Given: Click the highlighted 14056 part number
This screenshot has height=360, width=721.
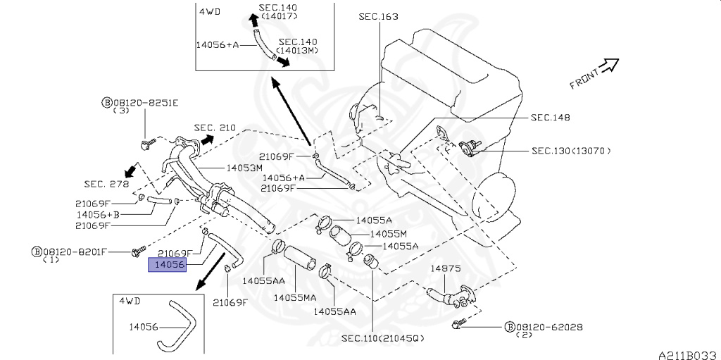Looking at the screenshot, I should tap(166, 265).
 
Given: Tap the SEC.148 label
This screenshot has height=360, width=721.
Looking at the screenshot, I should tap(550, 117).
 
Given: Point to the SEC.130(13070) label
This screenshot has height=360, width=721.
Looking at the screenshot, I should tap(571, 150).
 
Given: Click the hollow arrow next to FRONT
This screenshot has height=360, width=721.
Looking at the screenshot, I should tap(609, 66).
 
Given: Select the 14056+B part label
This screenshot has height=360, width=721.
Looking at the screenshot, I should tap(97, 213).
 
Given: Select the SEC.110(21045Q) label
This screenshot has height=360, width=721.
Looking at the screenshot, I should tap(383, 338).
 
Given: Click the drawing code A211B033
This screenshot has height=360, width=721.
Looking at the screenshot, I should tap(687, 354).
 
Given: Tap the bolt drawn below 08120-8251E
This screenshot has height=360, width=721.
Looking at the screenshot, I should tap(146, 144).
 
